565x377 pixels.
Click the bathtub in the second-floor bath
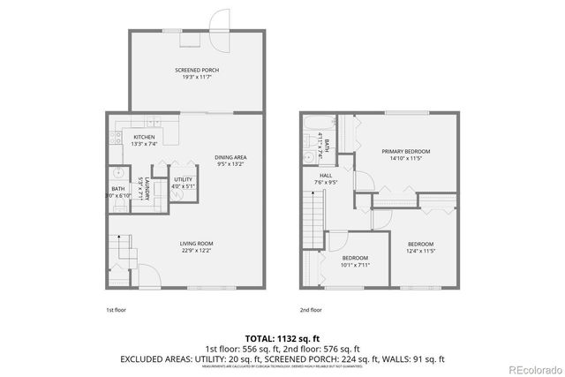coord(342,141)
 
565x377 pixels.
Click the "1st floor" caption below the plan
coord(116,310)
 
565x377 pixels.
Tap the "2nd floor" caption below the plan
coord(310,310)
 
